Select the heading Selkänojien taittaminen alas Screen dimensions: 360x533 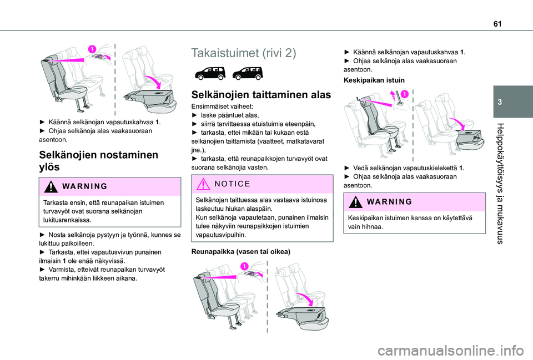pyautogui.click(x=261, y=95)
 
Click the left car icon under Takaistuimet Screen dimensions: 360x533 pyautogui.click(x=208, y=73)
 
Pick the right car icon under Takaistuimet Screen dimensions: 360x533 pyautogui.click(x=247, y=73)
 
